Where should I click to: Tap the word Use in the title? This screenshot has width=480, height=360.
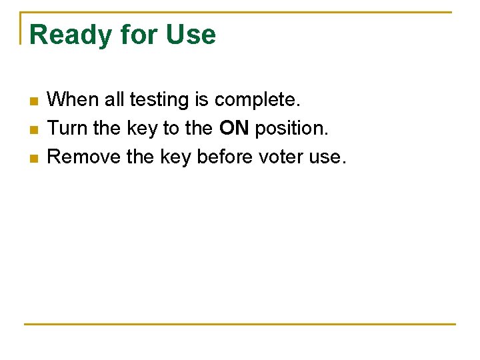click(x=191, y=35)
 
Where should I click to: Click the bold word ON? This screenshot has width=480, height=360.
click(x=233, y=128)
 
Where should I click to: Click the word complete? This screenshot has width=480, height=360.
click(x=257, y=100)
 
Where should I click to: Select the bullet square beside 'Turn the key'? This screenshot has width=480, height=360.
click(x=35, y=129)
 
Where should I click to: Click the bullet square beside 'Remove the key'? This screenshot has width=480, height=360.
click(x=35, y=158)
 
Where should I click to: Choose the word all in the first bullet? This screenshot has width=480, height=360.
click(x=115, y=100)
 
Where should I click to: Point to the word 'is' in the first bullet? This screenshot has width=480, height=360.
click(x=201, y=100)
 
